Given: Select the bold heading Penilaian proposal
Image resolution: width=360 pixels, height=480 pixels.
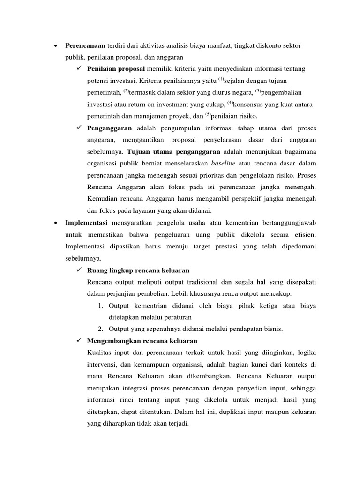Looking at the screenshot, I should (116, 69).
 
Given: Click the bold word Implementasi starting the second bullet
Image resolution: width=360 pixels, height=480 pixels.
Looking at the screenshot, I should (87, 222).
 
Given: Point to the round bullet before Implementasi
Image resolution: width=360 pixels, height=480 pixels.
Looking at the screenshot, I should (56, 223).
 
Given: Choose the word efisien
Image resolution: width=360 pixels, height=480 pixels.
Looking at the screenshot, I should (304, 234).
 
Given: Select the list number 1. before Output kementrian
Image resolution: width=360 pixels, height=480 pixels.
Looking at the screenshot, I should (101, 306).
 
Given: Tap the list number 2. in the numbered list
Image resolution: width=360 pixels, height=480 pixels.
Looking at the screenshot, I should (101, 329).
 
